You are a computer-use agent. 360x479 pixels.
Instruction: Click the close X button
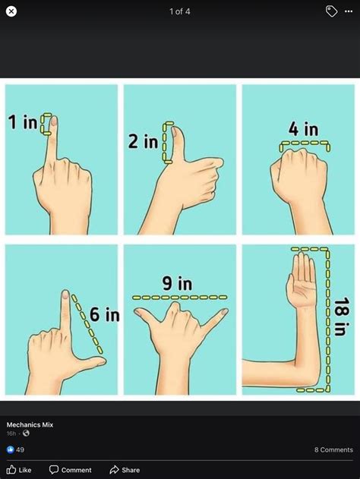[x=11, y=11]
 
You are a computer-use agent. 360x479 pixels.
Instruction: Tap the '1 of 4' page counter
[x=180, y=11]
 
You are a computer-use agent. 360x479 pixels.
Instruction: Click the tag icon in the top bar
[x=331, y=11]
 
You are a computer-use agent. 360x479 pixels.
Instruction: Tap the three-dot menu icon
[x=349, y=11]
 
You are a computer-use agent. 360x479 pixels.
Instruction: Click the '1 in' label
[x=23, y=122]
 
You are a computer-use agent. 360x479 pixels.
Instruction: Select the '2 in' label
[x=143, y=141]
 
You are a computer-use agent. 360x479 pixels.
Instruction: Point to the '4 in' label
[x=303, y=129]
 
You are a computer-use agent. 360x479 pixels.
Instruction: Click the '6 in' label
[x=105, y=314]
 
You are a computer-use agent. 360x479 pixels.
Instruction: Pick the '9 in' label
[x=177, y=284]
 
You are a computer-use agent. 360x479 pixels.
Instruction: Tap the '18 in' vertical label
[x=341, y=317]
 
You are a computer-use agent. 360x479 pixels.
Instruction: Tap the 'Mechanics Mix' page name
[x=30, y=424]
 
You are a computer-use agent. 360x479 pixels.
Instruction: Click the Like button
[x=20, y=470]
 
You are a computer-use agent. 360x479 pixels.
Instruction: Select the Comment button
[x=71, y=470]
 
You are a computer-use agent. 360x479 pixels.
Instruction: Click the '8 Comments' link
[x=333, y=449]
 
